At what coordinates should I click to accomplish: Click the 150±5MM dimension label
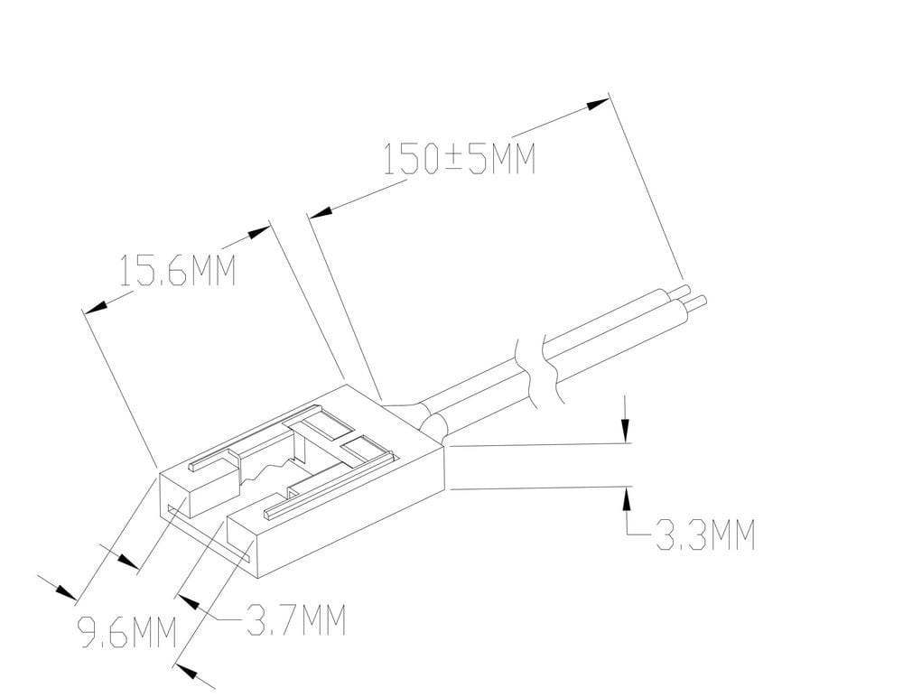click(460, 158)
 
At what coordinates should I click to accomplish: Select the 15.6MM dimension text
click(177, 270)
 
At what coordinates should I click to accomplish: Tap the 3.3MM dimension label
click(705, 534)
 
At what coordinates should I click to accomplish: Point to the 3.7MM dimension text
click(296, 620)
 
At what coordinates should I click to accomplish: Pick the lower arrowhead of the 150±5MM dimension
click(321, 212)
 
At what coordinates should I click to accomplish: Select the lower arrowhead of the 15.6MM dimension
click(95, 306)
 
